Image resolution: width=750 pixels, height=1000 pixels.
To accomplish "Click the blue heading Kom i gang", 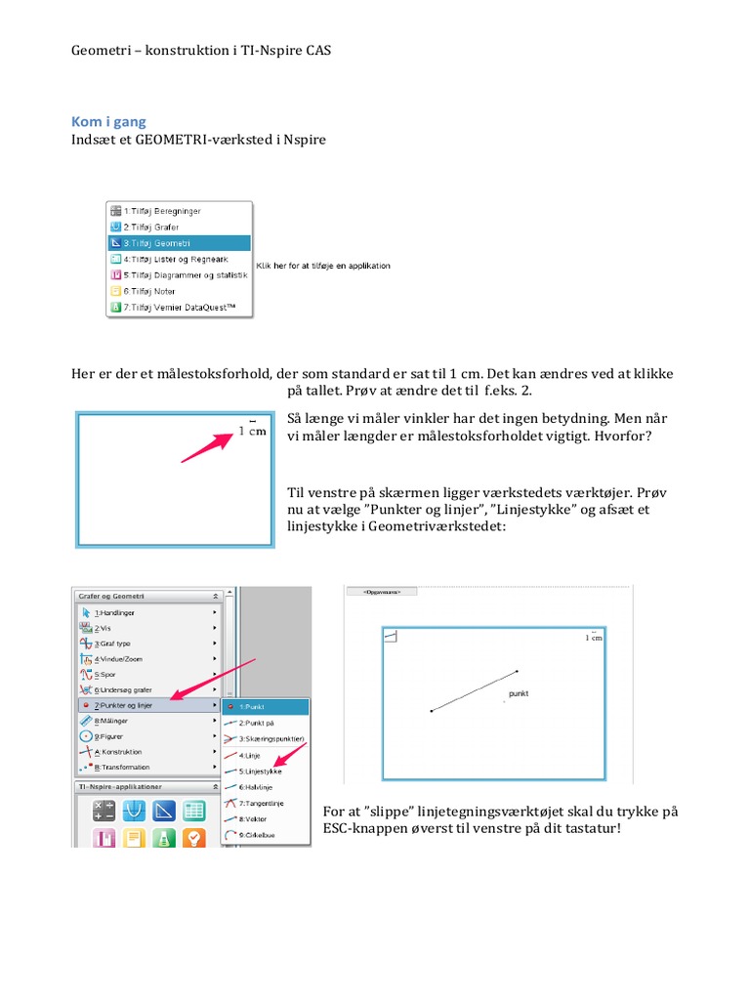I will [109, 122].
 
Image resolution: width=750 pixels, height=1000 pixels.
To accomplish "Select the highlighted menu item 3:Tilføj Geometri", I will [156, 242].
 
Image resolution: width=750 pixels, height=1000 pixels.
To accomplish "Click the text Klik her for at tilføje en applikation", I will [322, 266].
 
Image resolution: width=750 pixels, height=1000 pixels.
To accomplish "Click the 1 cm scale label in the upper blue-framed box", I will [252, 430].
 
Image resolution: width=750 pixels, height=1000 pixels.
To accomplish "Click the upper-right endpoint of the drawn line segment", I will [517, 671].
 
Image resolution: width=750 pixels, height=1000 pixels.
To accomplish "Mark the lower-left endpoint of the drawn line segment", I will [431, 711].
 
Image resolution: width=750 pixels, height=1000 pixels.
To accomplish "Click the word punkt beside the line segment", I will [519, 693].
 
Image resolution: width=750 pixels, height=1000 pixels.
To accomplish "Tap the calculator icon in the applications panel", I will [104, 810].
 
